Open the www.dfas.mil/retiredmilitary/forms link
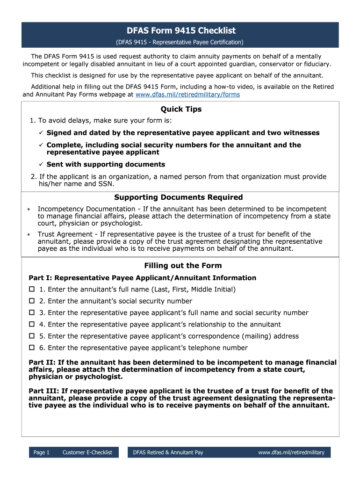click(187, 94)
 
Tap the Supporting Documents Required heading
click(179, 197)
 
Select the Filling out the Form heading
click(183, 266)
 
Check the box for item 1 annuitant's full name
click(32, 290)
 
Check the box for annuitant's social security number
click(32, 301)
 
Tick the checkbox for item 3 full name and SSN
click(32, 313)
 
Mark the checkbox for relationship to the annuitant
click(32, 325)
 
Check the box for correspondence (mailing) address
click(32, 336)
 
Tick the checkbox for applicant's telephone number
click(32, 348)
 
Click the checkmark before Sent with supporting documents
click(41, 165)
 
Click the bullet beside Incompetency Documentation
click(29, 210)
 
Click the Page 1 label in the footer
click(42, 453)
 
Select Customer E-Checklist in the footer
click(87, 453)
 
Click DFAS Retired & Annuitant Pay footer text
click(168, 453)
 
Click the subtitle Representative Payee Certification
click(180, 43)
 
